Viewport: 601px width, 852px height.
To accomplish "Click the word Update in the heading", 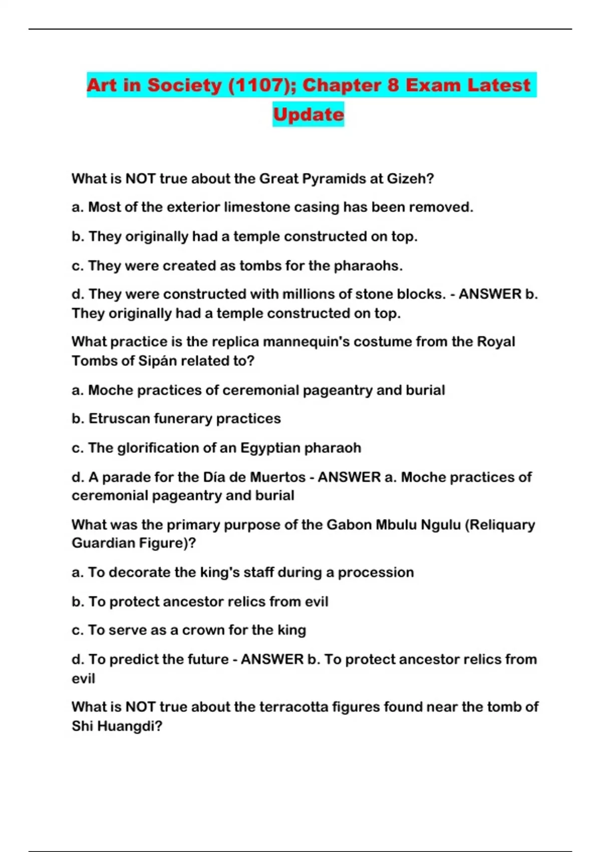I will (x=308, y=115).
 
